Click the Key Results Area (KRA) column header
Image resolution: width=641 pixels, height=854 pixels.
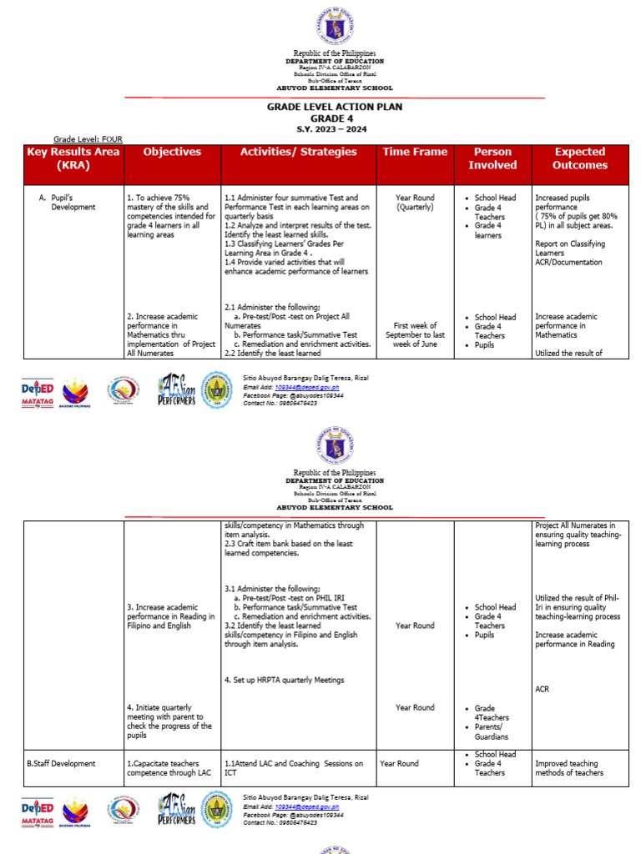pyautogui.click(x=73, y=158)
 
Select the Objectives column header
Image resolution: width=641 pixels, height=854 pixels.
pyautogui.click(x=172, y=152)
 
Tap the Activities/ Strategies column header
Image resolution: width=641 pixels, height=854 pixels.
pyautogui.click(x=298, y=152)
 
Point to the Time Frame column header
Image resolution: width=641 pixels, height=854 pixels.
pyautogui.click(x=415, y=152)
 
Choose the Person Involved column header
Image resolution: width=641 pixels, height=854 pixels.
pyautogui.click(x=492, y=158)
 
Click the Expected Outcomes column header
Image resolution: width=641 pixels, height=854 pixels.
pyautogui.click(x=579, y=158)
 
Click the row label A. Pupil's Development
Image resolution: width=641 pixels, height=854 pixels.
pyautogui.click(x=68, y=203)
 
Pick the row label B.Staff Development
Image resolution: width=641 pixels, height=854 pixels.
pyautogui.click(x=61, y=763)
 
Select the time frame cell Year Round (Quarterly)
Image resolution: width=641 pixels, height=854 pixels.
pyautogui.click(x=415, y=203)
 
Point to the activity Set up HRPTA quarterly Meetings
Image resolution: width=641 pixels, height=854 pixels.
pyautogui.click(x=284, y=681)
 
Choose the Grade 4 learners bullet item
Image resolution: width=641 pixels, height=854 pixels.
pyautogui.click(x=488, y=230)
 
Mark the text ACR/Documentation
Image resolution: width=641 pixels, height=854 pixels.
pyautogui.click(x=568, y=262)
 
